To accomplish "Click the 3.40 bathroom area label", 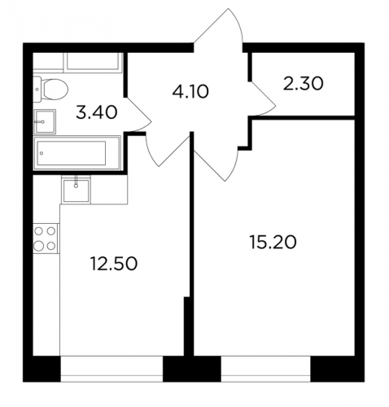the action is tap(97, 112).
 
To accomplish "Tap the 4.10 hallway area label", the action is tap(190, 91).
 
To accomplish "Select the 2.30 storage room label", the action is tap(303, 83).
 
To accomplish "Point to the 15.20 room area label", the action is tap(273, 243).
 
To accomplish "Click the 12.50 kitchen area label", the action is tap(114, 264).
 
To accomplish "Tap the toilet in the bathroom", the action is tap(50, 89).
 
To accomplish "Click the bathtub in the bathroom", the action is tap(76, 153).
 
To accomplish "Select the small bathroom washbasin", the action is tap(45, 122).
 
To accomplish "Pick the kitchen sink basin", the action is tap(76, 190).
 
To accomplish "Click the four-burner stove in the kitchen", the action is tap(46, 239).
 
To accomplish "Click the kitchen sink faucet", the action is tap(76, 182).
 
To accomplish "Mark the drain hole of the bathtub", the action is tap(42, 153).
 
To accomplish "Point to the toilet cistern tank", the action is tap(37, 89).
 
